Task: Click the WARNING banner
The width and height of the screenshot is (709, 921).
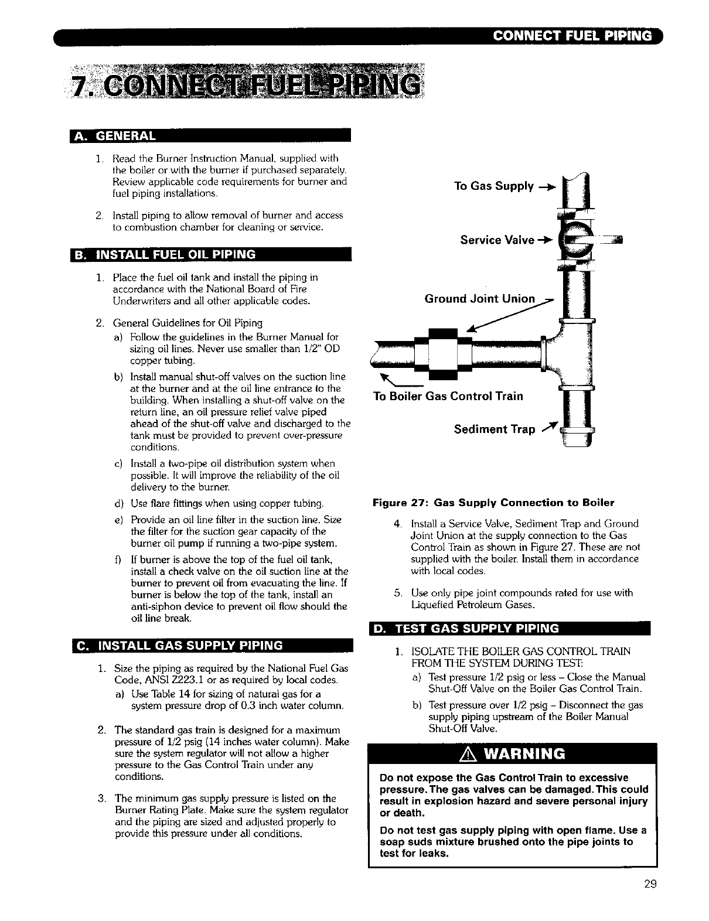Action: (x=512, y=753)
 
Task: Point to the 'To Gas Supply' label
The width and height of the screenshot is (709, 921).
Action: (x=494, y=186)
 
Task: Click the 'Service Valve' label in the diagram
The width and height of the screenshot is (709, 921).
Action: (x=497, y=240)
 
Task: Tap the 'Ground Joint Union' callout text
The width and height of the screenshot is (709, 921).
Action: (x=479, y=299)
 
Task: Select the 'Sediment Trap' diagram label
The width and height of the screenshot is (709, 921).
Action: (x=495, y=429)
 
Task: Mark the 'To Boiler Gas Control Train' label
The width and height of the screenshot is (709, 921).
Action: (x=448, y=396)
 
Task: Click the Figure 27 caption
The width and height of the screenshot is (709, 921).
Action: (x=493, y=503)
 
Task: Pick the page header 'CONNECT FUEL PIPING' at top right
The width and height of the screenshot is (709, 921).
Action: (x=572, y=36)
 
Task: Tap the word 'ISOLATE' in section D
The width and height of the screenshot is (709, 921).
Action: (x=432, y=651)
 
